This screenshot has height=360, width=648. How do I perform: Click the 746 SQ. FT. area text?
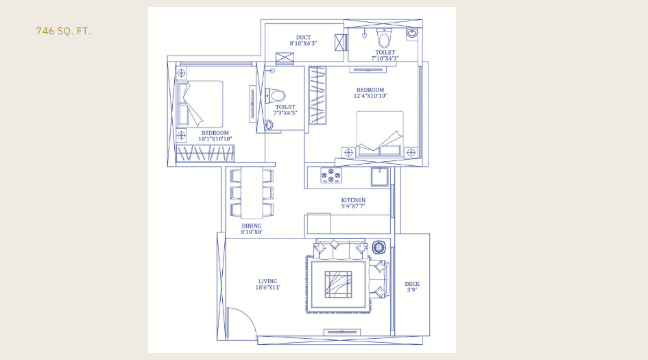[x=63, y=32]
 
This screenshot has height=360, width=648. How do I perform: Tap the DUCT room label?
[x=303, y=38]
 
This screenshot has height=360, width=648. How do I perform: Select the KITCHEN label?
[x=353, y=200]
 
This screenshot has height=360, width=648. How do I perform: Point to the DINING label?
[x=251, y=226]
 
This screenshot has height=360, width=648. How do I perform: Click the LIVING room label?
[x=267, y=281]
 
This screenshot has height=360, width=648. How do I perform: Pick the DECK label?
[x=412, y=284]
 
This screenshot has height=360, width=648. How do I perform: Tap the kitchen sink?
[x=379, y=176]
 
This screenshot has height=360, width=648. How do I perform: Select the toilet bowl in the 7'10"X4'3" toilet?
[x=384, y=38]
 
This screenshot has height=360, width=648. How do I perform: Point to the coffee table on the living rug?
[x=338, y=284]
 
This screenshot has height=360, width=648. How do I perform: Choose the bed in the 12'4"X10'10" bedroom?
[x=380, y=132]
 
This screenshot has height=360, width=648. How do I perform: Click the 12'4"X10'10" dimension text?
[x=370, y=96]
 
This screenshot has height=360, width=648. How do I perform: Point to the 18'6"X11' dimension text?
[x=267, y=288]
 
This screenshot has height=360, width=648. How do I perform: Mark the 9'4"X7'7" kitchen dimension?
[x=353, y=206]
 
